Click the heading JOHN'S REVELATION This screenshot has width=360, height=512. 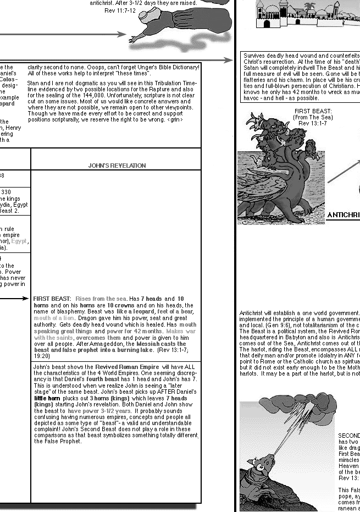pos(117,166)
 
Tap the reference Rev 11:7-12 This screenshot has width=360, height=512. pos(120,10)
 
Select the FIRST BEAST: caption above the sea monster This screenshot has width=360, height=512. pos(312,111)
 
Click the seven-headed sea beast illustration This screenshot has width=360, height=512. pos(280,170)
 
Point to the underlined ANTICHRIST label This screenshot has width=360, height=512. pos(344,215)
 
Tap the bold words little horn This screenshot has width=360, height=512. pos(47,398)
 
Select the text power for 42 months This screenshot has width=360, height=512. pos(135,332)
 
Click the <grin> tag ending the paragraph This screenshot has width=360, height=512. pos(175,119)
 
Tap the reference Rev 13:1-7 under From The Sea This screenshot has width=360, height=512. pos(312,124)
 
